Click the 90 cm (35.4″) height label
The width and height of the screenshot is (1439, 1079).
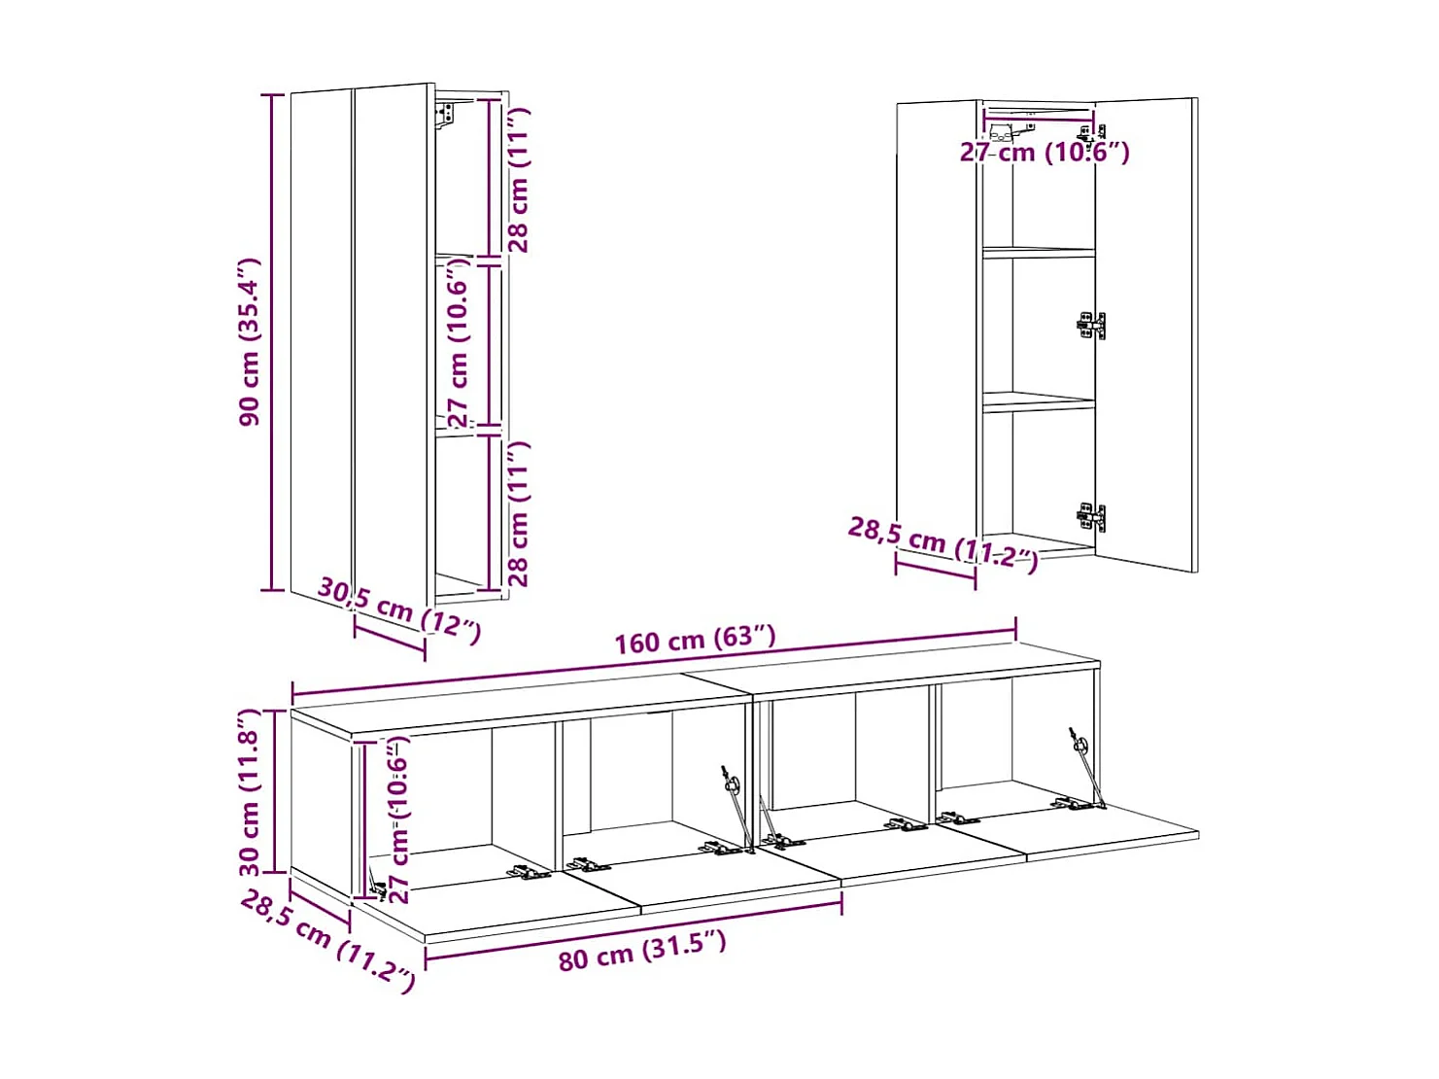click(250, 342)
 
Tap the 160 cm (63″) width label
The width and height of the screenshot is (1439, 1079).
click(695, 640)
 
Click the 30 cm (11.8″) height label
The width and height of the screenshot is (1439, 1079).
click(250, 792)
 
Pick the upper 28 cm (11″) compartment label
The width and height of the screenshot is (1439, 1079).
click(519, 181)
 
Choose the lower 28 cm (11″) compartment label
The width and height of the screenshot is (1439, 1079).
click(519, 513)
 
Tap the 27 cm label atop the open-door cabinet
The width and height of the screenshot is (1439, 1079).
click(1044, 153)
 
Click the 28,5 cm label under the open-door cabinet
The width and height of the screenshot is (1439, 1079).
click(942, 544)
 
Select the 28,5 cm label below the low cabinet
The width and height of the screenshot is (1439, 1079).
click(327, 941)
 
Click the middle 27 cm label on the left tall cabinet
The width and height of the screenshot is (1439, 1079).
click(459, 342)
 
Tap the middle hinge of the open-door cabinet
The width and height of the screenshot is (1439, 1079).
click(1091, 326)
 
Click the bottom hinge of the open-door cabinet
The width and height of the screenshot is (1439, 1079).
click(1091, 517)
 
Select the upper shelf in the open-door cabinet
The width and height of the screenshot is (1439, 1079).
click(1038, 252)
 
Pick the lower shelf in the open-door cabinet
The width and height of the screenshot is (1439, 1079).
click(1038, 401)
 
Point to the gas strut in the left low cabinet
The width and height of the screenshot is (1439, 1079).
click(737, 806)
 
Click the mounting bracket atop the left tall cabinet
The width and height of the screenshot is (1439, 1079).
click(445, 116)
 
